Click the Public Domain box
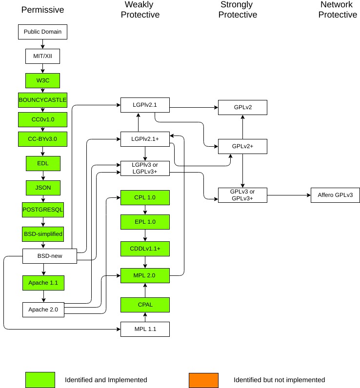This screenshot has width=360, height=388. (42, 32)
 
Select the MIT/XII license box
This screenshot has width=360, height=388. (42, 56)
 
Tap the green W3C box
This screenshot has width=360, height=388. (42, 80)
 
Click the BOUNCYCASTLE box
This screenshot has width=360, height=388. (42, 100)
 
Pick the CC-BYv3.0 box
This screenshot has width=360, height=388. (42, 139)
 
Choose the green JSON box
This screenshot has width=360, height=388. (42, 187)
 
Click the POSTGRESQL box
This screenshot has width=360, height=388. (42, 210)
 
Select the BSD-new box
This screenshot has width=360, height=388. (50, 256)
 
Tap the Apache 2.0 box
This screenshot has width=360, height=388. (43, 310)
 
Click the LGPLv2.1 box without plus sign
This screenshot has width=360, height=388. (145, 105)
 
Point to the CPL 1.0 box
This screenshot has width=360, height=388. (145, 197)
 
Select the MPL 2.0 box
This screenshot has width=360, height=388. (145, 275)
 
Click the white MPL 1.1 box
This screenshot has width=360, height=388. (145, 329)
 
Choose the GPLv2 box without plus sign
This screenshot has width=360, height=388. (242, 107)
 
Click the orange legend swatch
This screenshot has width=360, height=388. (203, 380)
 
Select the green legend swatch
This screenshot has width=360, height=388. (40, 380)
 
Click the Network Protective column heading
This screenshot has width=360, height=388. (338, 10)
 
